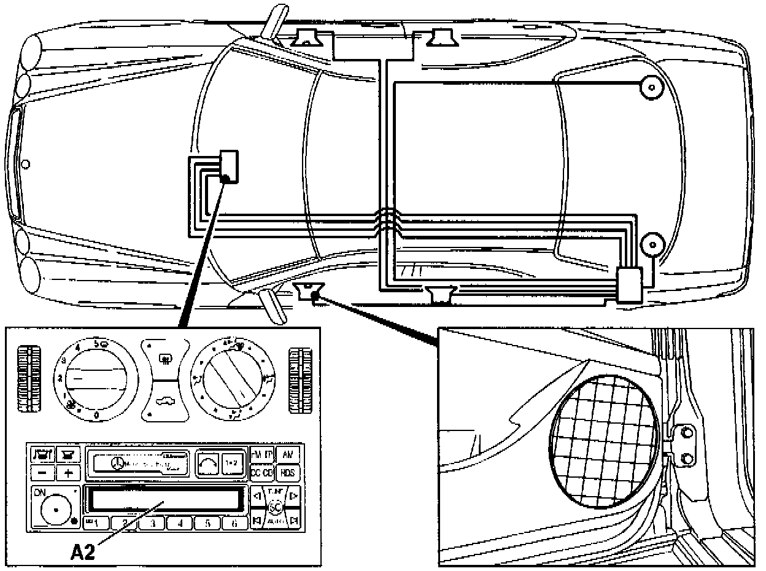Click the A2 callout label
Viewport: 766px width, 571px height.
tap(83, 552)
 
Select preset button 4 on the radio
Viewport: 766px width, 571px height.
tap(180, 524)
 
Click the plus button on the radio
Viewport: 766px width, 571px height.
tap(68, 473)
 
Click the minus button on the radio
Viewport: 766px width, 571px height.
tap(42, 473)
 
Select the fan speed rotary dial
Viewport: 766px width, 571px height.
tap(98, 378)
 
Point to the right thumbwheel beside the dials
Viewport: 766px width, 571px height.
tap(301, 379)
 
